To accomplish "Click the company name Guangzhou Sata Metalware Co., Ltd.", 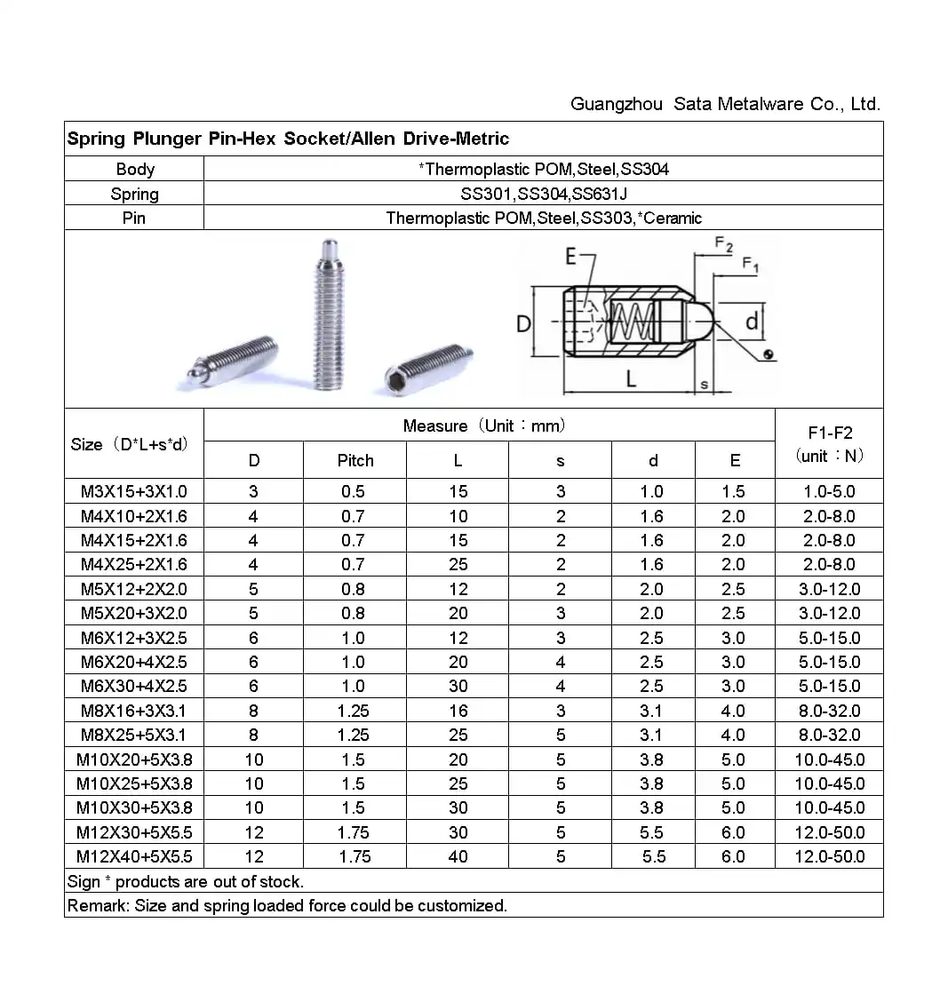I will click(x=725, y=105).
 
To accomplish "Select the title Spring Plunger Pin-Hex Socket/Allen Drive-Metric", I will click(x=288, y=139).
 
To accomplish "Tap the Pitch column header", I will click(x=355, y=460).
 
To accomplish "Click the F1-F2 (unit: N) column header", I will click(x=829, y=444).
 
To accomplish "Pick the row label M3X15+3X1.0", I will click(x=134, y=491).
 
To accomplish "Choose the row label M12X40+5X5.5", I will click(x=134, y=856).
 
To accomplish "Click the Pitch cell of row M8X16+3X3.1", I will click(x=354, y=711).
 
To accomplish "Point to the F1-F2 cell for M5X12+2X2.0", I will click(x=829, y=589).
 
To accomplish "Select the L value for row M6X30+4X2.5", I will click(x=458, y=686).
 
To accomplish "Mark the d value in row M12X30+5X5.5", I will click(x=651, y=832).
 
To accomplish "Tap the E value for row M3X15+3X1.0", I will click(x=733, y=491).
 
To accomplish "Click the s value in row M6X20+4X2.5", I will click(x=561, y=662).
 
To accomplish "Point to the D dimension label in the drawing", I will click(x=524, y=324).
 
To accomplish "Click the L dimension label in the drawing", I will click(x=631, y=379).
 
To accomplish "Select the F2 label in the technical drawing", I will click(x=724, y=245).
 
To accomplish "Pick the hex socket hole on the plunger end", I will click(x=397, y=379).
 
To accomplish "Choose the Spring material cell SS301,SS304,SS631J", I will click(x=543, y=194).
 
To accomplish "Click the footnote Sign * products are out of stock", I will click(x=186, y=881).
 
